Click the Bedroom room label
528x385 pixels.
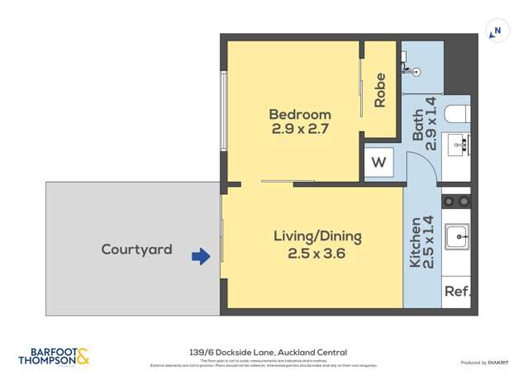[x=300, y=114]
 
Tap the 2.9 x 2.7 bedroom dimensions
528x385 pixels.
[x=300, y=129]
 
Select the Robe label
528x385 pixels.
[x=380, y=90]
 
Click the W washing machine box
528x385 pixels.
[x=378, y=163]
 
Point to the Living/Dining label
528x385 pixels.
[x=317, y=236]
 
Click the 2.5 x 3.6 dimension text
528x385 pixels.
[x=317, y=254]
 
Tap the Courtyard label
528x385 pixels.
[x=136, y=249]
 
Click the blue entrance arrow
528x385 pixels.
[x=201, y=257]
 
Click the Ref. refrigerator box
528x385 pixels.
[x=457, y=292]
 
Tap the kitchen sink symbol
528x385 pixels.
[x=457, y=237]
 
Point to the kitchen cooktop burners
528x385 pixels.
[x=457, y=201]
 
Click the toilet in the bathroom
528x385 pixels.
[x=456, y=114]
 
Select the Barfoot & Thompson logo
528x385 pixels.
[x=54, y=355]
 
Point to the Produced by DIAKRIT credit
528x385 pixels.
[x=484, y=363]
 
